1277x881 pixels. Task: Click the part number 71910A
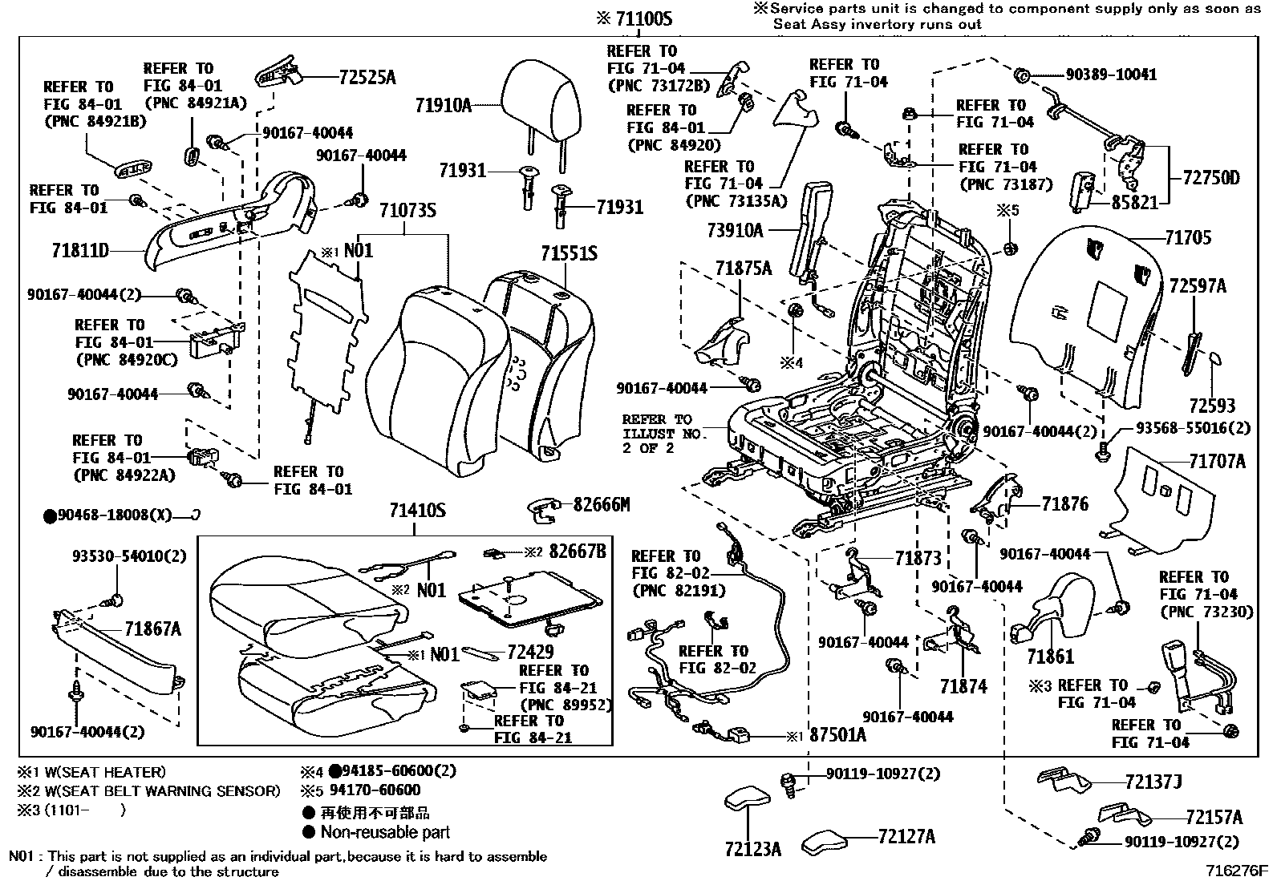[x=443, y=103]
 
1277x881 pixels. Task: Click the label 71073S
[x=407, y=211]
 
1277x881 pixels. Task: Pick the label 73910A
[x=736, y=230]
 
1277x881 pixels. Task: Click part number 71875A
[x=743, y=269]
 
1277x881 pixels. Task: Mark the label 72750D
[x=1210, y=177]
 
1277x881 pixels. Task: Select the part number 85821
[x=1134, y=204]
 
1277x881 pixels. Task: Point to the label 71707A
[x=1217, y=461]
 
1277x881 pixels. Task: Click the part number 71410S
[x=417, y=510]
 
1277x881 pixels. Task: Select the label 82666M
[x=601, y=504]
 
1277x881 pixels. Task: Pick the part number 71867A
[x=152, y=629]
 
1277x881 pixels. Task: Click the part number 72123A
[x=752, y=849]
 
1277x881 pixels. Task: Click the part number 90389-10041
[x=1111, y=75]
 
